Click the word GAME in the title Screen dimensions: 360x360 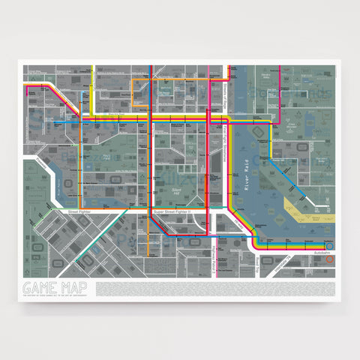click(40, 286)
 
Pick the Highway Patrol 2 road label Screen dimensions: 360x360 click(217, 259)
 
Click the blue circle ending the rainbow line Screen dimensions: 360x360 click(331, 245)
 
